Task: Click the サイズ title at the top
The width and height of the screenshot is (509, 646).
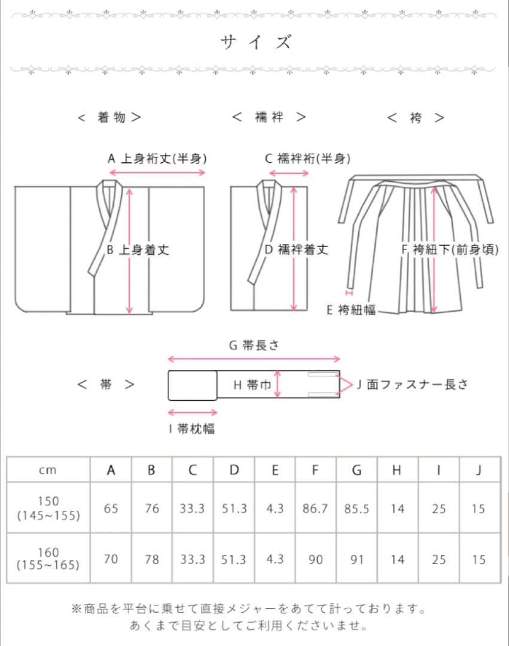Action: [255, 42]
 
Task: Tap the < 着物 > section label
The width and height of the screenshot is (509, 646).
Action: [110, 117]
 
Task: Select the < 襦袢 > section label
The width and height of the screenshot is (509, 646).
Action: [269, 117]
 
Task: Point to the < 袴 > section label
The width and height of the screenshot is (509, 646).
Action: [416, 118]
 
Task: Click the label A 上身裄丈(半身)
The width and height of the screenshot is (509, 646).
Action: [157, 159]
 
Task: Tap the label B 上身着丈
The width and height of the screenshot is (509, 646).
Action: [138, 249]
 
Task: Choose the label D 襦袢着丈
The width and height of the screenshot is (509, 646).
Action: [296, 249]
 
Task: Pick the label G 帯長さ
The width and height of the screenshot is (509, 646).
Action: [254, 345]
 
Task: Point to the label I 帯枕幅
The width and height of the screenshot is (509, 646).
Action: [191, 428]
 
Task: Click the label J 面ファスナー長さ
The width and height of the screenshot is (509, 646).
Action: [412, 385]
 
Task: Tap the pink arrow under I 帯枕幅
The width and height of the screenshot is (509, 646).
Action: [193, 412]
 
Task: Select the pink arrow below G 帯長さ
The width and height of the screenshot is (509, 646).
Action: [254, 359]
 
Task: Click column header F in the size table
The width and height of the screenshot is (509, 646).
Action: [315, 470]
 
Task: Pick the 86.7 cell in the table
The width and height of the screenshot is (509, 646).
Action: [315, 508]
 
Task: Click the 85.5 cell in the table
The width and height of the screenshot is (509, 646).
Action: [356, 508]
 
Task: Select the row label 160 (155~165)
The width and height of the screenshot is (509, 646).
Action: [48, 559]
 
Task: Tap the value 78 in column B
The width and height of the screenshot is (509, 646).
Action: [152, 559]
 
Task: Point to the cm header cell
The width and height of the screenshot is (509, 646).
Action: [48, 470]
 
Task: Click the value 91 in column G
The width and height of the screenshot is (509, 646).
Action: [356, 559]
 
